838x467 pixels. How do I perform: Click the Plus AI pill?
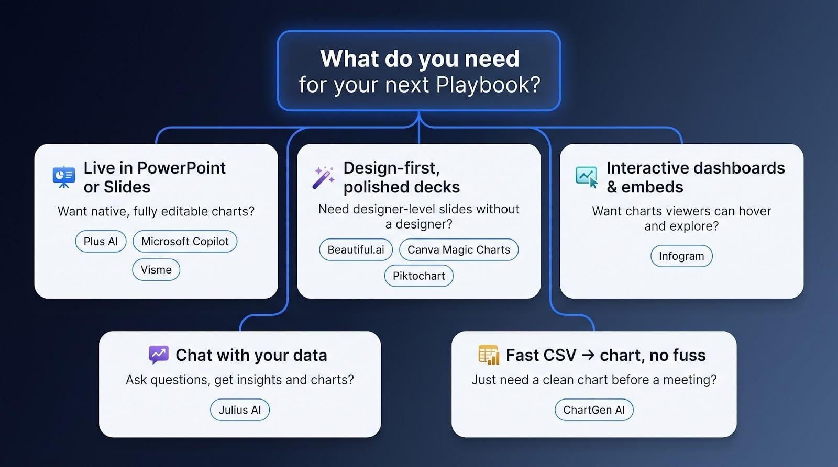[101, 242]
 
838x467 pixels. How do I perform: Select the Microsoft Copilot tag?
[185, 242]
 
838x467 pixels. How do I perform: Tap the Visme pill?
[156, 269]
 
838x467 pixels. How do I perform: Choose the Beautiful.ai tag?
[356, 249]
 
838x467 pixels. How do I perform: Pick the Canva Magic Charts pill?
[459, 249]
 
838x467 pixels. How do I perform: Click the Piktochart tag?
[418, 276]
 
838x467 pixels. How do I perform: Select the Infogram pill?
[681, 256]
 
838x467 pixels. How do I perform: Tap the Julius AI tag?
[240, 410]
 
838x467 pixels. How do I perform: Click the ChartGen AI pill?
[594, 410]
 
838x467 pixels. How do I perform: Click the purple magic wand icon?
[323, 177]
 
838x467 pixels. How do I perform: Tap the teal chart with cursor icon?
[587, 177]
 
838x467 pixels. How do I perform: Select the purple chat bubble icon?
[159, 355]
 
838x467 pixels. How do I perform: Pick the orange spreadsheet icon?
[489, 355]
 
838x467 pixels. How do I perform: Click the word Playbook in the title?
[488, 85]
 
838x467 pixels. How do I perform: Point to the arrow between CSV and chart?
[588, 355]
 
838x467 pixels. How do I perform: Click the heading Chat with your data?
[251, 355]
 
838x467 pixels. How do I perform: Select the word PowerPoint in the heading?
[181, 168]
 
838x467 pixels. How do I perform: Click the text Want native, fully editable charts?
[156, 211]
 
